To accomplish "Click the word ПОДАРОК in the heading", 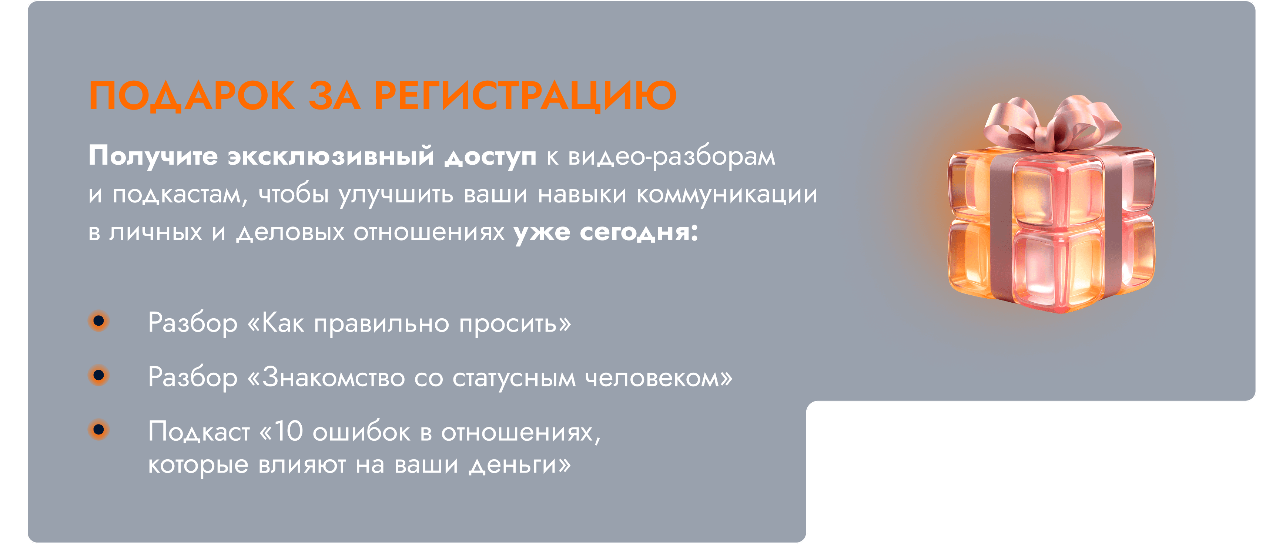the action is [192, 95].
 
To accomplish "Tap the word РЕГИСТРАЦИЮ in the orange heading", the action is [526, 96].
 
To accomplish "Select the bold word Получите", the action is [153, 156].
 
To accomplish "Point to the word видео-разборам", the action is [672, 156].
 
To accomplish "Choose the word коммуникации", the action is [727, 195].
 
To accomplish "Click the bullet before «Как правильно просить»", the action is [99, 321].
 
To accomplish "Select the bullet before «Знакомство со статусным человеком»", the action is [99, 375].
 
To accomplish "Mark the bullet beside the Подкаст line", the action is [99, 429].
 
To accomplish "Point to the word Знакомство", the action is [334, 377].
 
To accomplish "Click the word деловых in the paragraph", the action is [291, 232].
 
